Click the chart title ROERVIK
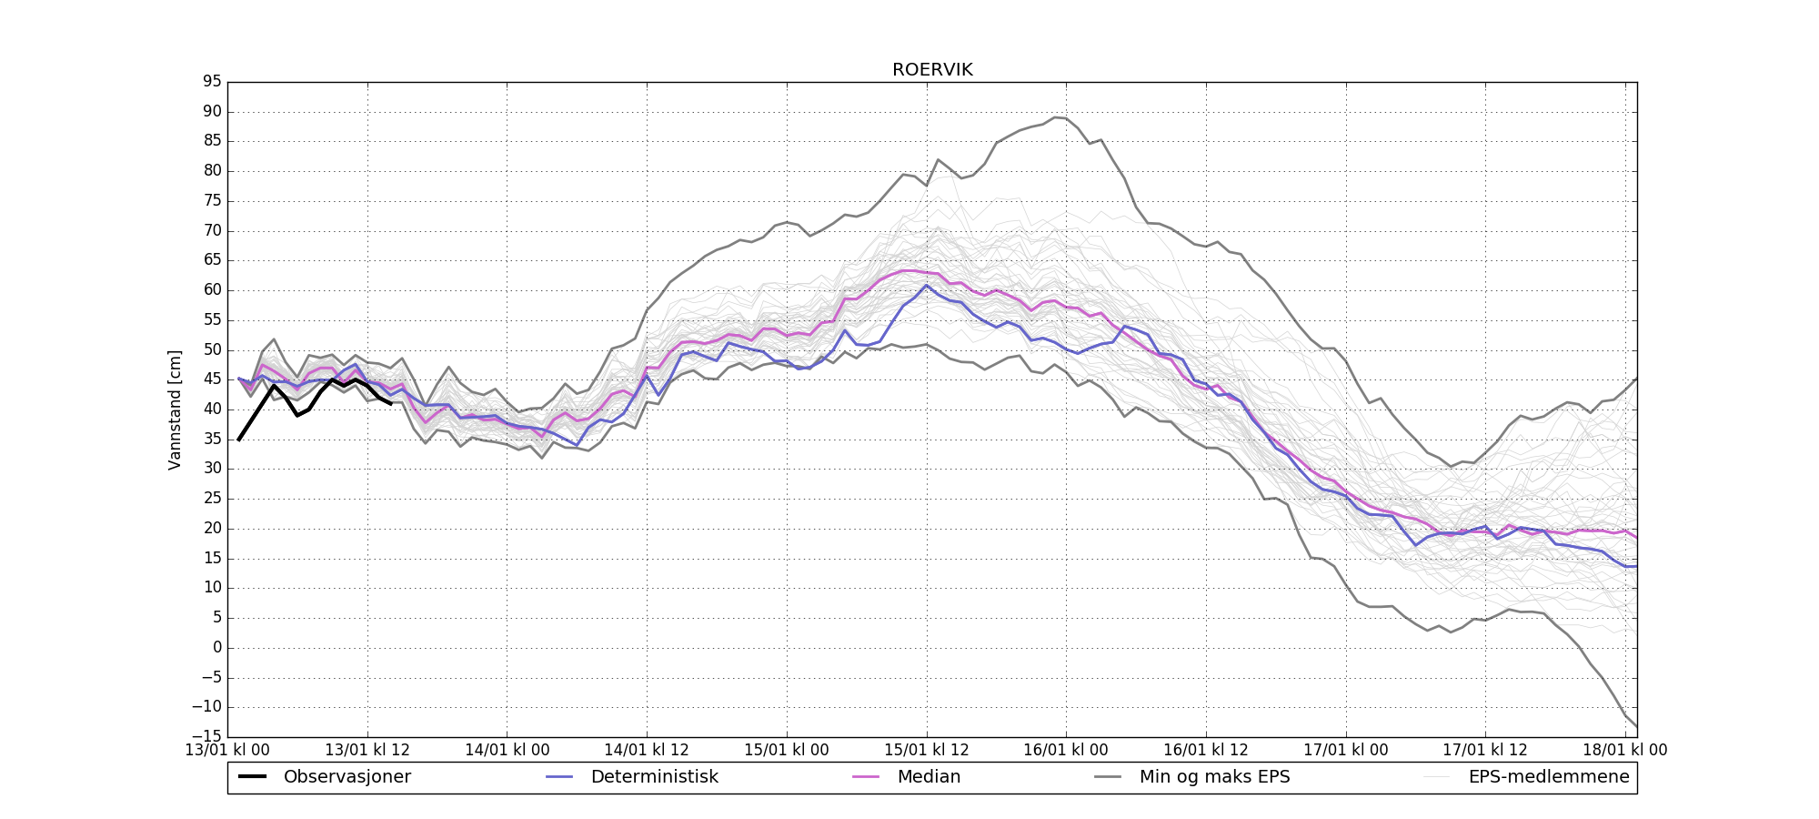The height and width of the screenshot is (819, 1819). [932, 70]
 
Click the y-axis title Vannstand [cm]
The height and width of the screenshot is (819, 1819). [175, 409]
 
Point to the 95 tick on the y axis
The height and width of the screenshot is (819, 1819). [212, 82]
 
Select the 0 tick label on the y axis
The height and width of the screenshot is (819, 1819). [216, 647]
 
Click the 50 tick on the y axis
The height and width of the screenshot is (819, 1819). [212, 349]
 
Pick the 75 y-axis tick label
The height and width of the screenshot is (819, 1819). [212, 201]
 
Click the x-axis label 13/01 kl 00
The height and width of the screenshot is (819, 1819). [227, 751]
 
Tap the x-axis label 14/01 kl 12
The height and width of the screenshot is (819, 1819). [647, 751]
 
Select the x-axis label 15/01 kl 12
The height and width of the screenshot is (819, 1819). [927, 751]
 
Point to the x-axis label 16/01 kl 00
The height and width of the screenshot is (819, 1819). [1066, 751]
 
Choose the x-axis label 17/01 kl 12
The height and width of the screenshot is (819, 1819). [1485, 751]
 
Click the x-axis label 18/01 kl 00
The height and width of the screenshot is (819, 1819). [1625, 751]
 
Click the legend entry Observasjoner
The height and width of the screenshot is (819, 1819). [347, 777]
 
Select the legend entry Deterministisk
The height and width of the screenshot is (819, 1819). [654, 777]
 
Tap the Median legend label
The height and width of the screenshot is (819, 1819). [929, 777]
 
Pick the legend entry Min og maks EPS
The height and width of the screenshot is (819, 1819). [1214, 777]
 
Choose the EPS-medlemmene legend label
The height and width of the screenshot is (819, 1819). [1549, 777]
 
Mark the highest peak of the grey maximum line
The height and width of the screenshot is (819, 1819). [1055, 117]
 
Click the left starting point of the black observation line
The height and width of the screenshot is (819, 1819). [238, 440]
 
